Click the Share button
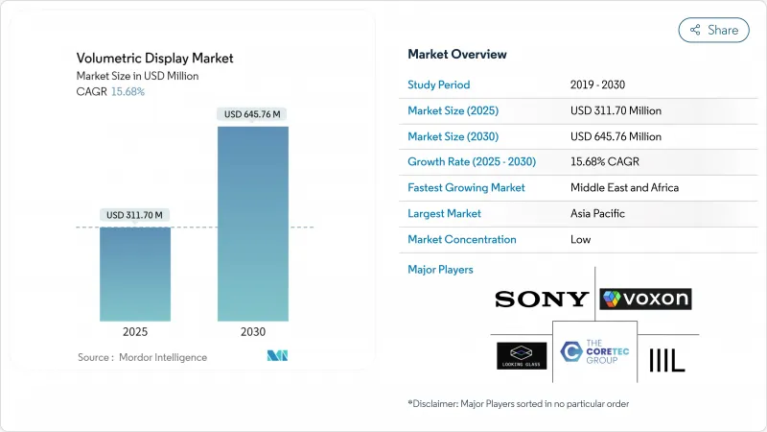point(714,30)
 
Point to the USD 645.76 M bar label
point(253,114)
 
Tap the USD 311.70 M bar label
point(135,214)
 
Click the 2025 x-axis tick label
point(135,332)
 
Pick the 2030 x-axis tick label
point(253,332)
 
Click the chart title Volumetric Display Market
point(155,59)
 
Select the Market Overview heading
point(457,54)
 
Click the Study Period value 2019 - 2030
point(603,84)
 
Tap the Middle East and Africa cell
point(624,187)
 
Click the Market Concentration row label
point(462,239)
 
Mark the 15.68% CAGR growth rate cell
point(609,161)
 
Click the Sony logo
point(542,300)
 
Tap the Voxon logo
point(645,300)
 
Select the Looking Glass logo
point(522,355)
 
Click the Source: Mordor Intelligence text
point(142,357)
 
